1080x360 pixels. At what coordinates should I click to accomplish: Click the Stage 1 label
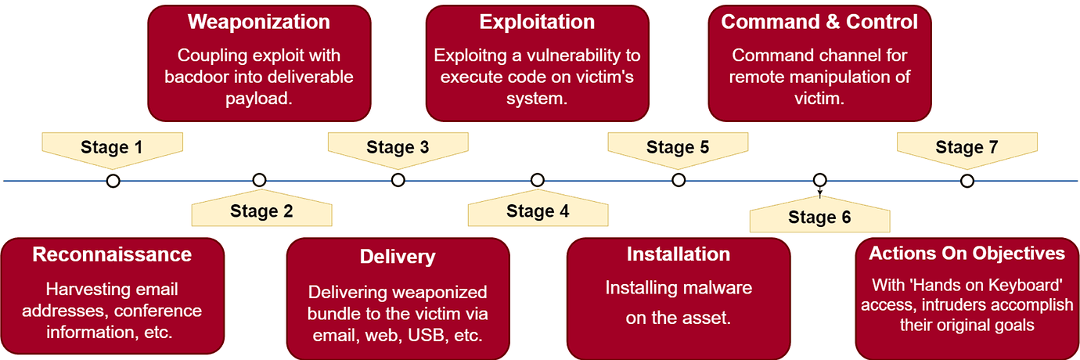(x=112, y=147)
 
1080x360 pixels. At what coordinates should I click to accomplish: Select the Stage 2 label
(x=261, y=211)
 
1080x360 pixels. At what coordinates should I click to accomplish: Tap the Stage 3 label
(x=398, y=147)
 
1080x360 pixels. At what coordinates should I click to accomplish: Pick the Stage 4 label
(x=538, y=211)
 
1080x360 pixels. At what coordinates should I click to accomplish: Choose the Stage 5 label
(x=678, y=147)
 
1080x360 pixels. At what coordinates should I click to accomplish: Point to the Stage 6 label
(x=819, y=218)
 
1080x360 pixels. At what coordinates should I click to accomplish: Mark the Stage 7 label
(x=967, y=147)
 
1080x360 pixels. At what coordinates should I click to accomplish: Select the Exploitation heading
(x=537, y=22)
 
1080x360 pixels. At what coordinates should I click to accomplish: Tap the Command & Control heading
(x=819, y=22)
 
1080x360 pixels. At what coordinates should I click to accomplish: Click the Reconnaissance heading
(x=112, y=254)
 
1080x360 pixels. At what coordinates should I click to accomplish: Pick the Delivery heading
(x=398, y=257)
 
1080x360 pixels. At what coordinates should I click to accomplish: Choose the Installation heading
(x=678, y=254)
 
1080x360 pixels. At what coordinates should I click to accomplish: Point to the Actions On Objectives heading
(x=967, y=254)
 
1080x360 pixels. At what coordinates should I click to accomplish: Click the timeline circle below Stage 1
(x=113, y=181)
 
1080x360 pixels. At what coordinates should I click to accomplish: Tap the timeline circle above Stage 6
(x=819, y=180)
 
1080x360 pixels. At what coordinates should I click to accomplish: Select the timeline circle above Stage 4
(x=538, y=181)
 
